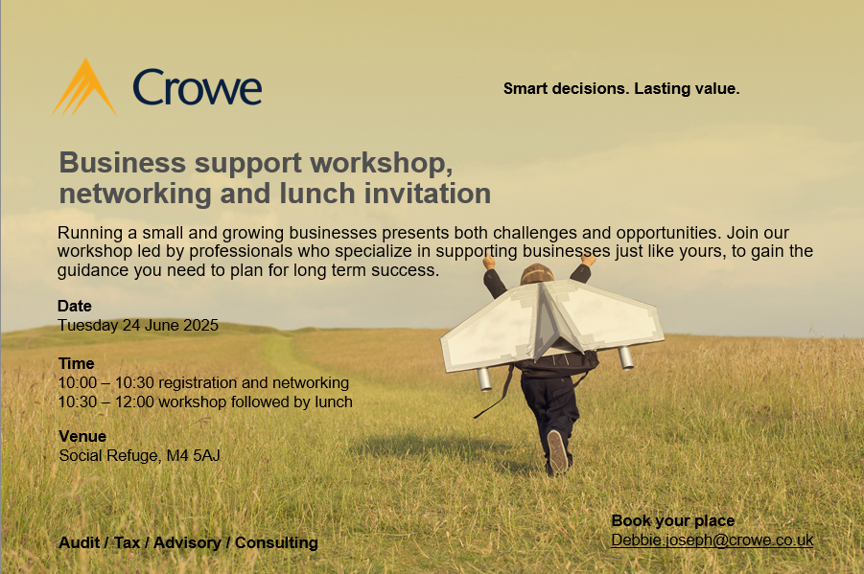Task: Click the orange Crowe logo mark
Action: tap(83, 87)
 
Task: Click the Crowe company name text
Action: tap(198, 87)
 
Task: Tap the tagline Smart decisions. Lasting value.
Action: tap(621, 89)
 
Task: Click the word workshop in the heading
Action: tap(381, 163)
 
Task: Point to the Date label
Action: tap(75, 306)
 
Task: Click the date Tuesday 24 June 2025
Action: tap(138, 325)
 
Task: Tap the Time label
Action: tap(77, 363)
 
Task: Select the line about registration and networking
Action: tap(204, 382)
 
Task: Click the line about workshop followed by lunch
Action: tap(205, 402)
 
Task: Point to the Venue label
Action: tap(82, 436)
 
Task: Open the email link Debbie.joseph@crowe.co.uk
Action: tap(712, 540)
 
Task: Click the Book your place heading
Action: tap(673, 520)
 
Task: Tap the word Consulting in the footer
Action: tap(276, 542)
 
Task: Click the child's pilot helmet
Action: tap(538, 273)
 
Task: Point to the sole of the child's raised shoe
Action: tap(558, 450)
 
